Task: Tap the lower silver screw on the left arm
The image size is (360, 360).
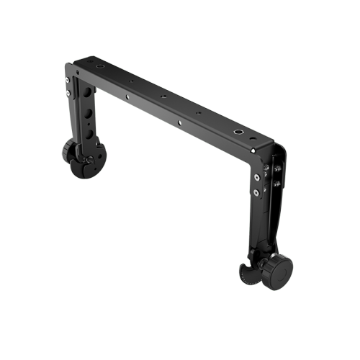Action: [x=67, y=91]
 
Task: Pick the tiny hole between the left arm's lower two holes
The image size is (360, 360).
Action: [x=89, y=127]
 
